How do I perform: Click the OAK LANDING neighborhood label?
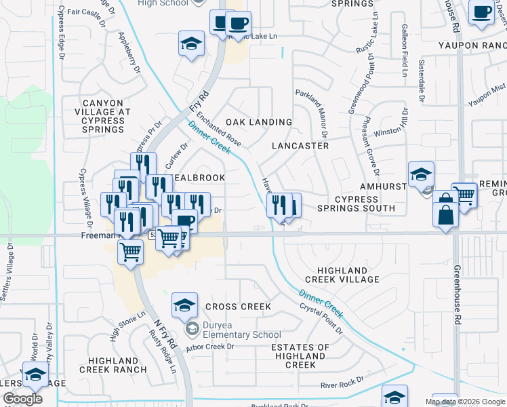click(258, 122)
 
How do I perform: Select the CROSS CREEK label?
click(238, 307)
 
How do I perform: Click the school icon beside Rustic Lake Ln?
click(192, 44)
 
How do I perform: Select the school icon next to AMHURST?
click(421, 174)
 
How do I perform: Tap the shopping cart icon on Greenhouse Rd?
click(464, 195)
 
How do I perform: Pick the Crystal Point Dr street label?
click(321, 317)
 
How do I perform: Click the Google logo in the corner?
click(22, 399)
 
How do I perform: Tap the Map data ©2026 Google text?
click(465, 402)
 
